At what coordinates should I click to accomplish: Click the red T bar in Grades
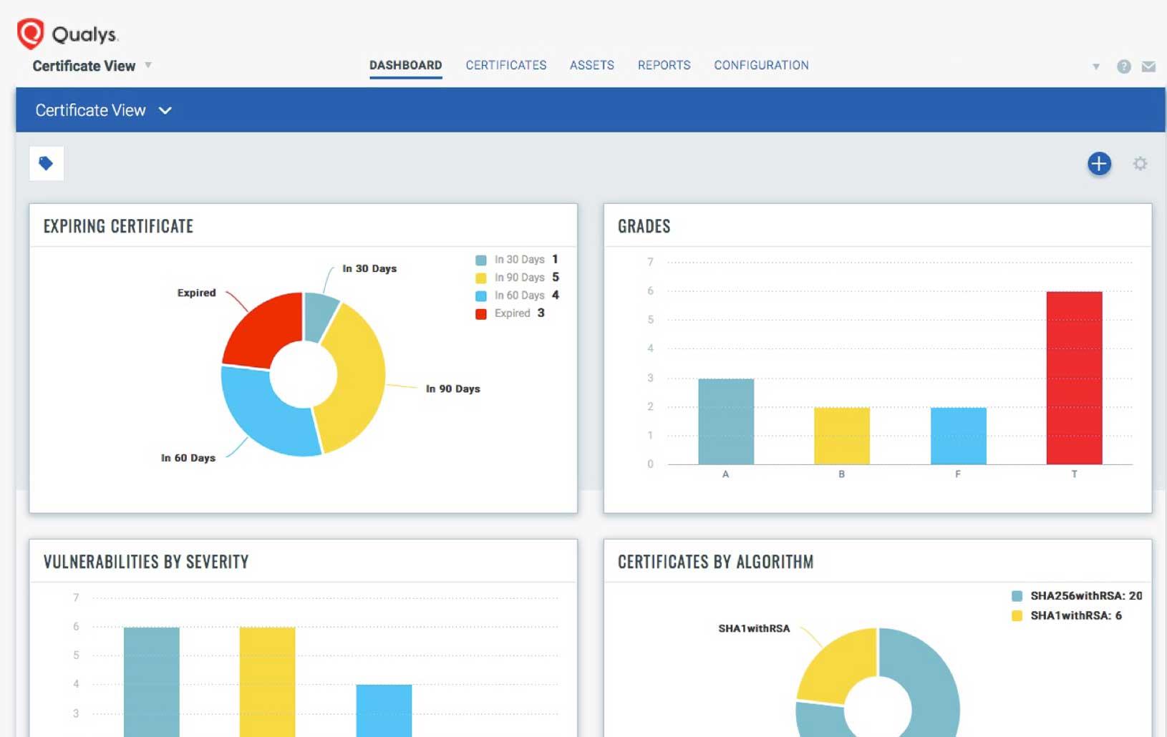1074,378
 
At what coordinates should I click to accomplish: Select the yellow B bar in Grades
842,436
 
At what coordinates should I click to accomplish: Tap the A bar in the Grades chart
726,421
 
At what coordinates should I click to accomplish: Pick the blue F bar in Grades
958,436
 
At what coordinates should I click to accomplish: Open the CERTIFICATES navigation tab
506,65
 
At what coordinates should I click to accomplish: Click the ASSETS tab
592,65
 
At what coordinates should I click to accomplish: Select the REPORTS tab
664,65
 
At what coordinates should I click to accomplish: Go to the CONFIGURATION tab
761,65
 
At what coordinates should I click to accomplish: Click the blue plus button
1099,164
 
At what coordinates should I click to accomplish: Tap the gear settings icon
1140,164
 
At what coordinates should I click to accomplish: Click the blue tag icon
47,164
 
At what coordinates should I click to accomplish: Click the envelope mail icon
1148,67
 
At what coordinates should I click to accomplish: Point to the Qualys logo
68,34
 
